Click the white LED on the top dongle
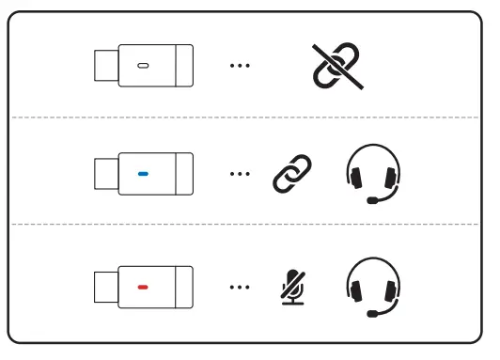143,66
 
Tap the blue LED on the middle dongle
143,174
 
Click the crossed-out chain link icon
337,65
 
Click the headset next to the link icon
373,172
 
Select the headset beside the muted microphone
373,285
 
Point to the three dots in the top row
240,66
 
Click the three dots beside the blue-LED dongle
240,174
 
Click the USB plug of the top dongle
105,66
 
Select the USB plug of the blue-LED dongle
105,174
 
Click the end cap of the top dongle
184,66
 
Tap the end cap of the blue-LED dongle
184,174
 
